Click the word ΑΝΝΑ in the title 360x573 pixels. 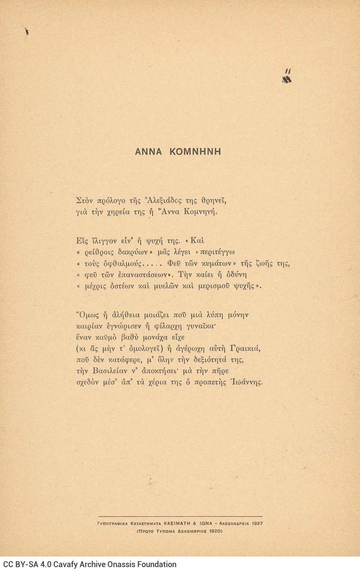[x=148, y=152]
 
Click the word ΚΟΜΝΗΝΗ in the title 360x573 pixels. [x=195, y=152]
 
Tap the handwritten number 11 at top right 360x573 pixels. [x=288, y=71]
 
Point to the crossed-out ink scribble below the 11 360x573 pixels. [x=287, y=80]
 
